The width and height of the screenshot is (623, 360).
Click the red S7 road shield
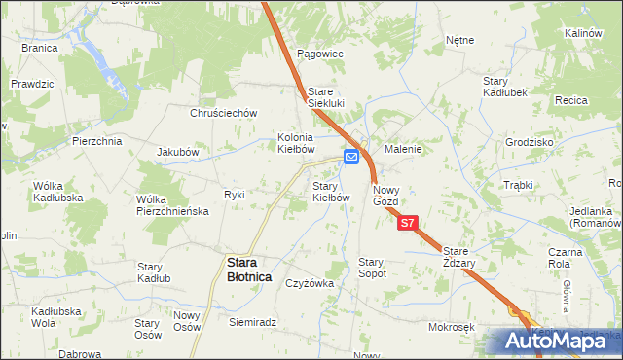tap(408, 223)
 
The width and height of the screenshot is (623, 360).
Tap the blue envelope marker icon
tap(352, 156)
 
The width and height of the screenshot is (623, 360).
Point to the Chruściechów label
tap(223, 113)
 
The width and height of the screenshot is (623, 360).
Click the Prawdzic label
tap(33, 85)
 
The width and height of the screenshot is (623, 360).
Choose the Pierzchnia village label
tap(96, 141)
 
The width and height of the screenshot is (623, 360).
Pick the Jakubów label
tap(178, 153)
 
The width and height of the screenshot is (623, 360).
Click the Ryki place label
tap(235, 195)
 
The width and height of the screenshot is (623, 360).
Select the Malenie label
tap(402, 150)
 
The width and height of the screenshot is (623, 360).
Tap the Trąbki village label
tap(520, 185)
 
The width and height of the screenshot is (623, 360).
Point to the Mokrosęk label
tap(450, 327)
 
